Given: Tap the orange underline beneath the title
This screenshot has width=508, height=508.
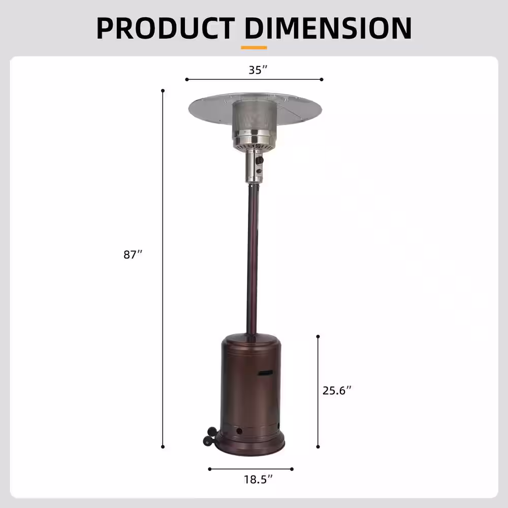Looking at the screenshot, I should coord(254,48).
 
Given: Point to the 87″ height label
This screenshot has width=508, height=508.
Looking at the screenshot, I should coord(133,255).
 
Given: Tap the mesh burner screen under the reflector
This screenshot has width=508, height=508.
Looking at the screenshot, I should coord(255,117).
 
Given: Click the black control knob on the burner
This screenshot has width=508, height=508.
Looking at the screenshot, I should coord(261,161).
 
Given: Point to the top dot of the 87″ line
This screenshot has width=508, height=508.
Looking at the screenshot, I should coord(163,91).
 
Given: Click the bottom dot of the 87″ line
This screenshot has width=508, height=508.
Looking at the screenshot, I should coord(163,447).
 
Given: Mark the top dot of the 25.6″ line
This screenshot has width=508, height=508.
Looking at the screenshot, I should coord(318,336).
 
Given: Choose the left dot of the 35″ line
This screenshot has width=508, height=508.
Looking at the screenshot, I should coord(187,80).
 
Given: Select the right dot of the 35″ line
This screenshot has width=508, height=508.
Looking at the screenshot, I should coord(322,80).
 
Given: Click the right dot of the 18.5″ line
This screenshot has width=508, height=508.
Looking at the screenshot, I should coord(293,469).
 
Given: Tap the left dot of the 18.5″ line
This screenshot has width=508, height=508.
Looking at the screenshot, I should coord(209,469).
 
